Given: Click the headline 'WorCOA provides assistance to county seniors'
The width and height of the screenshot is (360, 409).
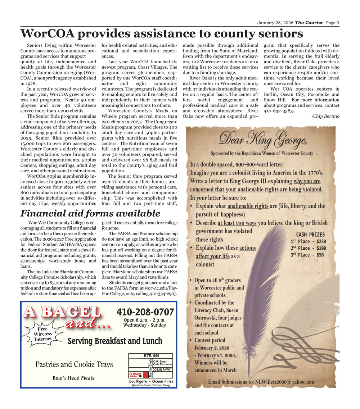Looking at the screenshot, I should point(162,34).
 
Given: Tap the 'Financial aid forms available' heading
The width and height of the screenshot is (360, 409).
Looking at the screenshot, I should point(90,213).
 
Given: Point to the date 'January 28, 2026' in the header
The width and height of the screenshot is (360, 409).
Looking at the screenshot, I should point(275,23).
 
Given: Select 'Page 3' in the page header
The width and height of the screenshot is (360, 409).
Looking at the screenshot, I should point(333,23).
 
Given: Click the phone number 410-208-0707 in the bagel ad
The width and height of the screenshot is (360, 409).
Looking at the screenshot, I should point(145,312).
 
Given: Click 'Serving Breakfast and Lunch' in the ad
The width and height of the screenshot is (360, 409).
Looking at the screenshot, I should point(115,341).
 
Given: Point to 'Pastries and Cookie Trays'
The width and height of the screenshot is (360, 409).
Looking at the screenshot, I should point(74,364).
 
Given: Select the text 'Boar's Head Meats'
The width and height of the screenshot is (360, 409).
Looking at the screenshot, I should point(73,378).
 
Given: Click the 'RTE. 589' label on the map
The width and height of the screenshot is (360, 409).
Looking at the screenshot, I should point(151,356).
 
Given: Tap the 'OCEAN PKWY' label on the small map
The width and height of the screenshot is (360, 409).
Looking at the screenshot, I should point(162,369).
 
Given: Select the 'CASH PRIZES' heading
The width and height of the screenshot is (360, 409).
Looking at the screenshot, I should point(310,234).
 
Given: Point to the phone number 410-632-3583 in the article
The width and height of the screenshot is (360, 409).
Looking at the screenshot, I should point(279,110).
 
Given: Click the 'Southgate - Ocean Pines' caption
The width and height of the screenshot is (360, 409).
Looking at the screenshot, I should point(151,381).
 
